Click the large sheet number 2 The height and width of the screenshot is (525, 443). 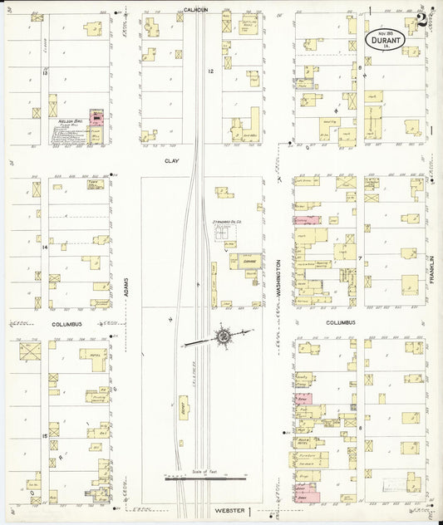tap(423, 18)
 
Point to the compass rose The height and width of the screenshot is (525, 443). tap(223, 336)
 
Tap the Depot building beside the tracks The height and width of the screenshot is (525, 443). tap(183, 406)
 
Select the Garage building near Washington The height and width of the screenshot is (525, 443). tap(246, 261)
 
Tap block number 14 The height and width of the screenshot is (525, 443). tap(45, 247)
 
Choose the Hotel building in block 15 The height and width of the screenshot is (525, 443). tap(94, 359)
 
